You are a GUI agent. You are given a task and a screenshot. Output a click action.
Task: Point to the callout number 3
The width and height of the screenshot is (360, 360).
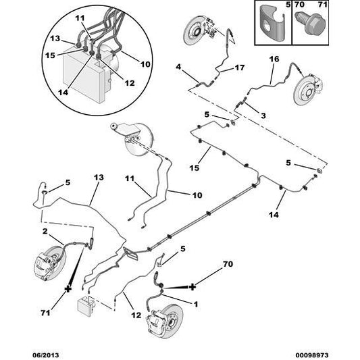(x=263, y=115)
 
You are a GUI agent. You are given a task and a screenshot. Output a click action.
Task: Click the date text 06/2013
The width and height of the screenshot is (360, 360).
(x=20, y=352)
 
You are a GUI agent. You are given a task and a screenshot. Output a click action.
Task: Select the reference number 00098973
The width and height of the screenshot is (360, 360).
(x=332, y=352)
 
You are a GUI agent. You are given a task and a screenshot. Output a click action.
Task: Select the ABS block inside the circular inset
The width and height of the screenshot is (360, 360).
(x=82, y=70)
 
